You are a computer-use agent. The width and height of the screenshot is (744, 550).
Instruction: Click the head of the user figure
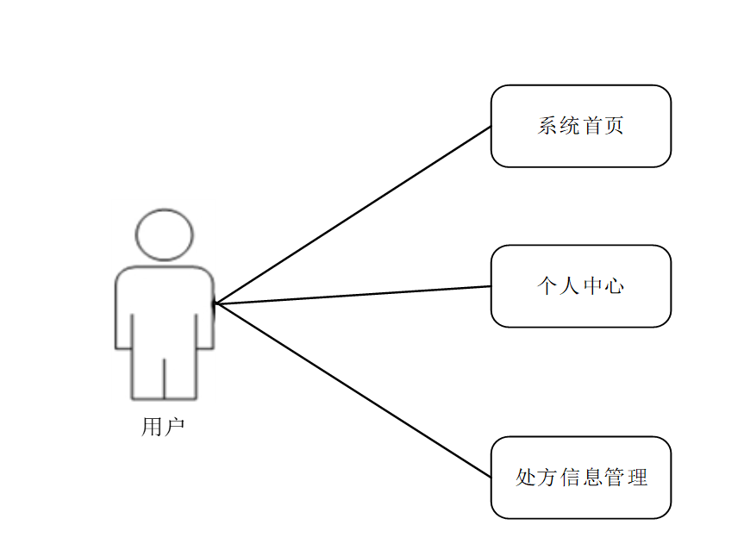165,234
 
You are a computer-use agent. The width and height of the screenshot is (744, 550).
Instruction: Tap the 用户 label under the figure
163,427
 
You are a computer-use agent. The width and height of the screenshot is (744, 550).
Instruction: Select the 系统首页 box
580,126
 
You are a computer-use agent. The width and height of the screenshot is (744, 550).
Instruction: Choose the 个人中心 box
580,286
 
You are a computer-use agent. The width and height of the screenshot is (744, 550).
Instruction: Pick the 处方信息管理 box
580,478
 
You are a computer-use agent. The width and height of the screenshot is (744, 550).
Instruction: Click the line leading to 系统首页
353,215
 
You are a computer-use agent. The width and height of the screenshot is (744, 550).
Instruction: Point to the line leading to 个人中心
353,295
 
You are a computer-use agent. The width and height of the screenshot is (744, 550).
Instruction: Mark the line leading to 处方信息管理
353,390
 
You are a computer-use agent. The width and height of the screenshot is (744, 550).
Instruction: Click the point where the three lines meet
216,303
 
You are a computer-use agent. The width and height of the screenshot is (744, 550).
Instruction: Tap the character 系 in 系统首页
547,126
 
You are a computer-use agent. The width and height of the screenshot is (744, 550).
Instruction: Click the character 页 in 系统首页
614,126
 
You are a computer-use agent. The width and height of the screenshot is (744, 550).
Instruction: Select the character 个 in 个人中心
547,286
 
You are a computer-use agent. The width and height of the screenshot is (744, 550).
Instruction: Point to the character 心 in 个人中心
614,286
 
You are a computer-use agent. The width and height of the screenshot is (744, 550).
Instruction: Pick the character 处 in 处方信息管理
526,478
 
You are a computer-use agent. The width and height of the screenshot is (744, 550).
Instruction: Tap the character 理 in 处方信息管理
636,478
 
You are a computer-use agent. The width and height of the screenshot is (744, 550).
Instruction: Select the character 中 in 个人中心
592,286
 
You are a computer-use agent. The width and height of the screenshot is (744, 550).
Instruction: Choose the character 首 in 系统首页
592,126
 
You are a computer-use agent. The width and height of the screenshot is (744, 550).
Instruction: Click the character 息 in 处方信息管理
592,478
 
